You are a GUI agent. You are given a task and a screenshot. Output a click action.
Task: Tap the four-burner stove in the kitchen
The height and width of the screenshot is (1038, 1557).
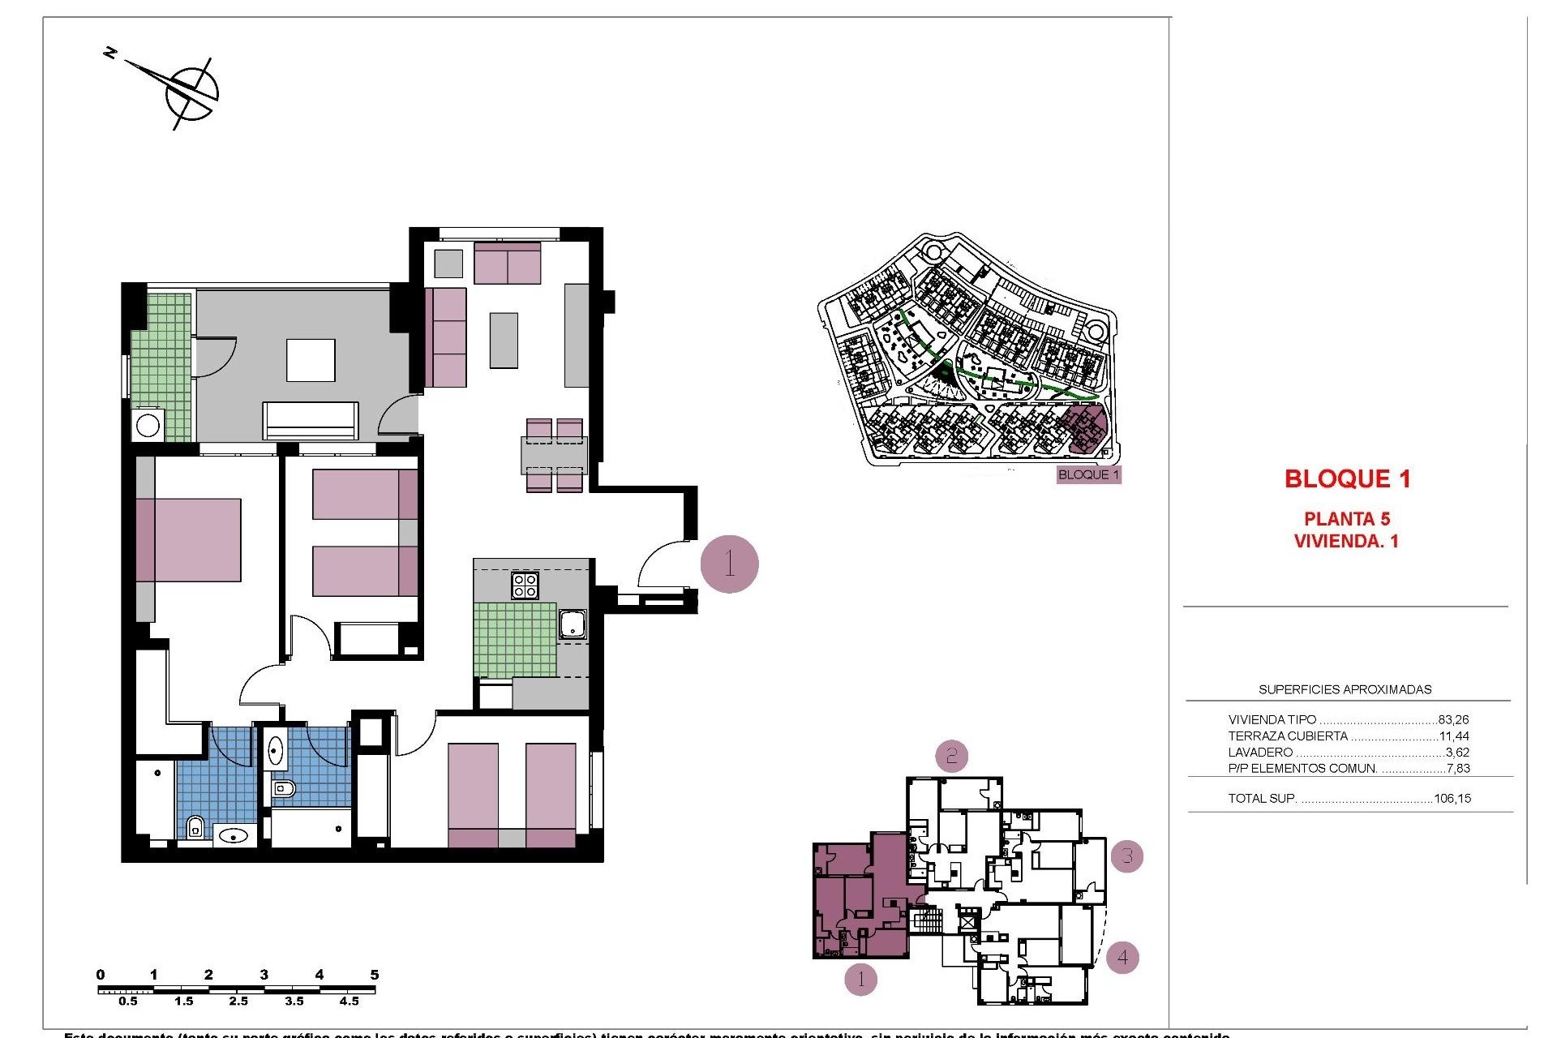[525, 585]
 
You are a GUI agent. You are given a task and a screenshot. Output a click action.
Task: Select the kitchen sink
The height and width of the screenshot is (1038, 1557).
[573, 624]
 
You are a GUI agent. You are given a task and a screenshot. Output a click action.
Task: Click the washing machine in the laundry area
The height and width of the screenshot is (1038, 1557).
[148, 425]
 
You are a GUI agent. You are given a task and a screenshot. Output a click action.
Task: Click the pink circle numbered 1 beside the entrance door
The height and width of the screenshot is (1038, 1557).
[729, 564]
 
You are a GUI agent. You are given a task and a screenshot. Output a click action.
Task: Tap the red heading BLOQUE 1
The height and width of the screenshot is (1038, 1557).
[1347, 478]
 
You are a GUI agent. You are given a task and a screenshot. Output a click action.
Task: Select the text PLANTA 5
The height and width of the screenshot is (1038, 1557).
[1346, 519]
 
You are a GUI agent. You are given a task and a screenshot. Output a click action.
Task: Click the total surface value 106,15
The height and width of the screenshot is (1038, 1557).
[1452, 798]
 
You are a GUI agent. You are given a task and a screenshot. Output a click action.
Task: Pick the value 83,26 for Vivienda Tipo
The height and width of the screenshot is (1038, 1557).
[1453, 719]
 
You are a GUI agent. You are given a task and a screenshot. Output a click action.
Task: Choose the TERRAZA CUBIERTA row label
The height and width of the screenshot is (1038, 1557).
[1288, 736]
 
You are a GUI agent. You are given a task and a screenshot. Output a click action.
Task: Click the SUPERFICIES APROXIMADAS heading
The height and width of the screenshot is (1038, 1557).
[1345, 689]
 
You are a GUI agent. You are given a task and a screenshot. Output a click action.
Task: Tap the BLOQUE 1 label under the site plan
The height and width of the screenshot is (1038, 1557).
[1088, 474]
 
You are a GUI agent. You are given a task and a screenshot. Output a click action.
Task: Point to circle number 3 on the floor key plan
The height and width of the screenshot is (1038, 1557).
[1127, 856]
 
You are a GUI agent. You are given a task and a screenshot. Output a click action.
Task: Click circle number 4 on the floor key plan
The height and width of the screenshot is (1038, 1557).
[1122, 957]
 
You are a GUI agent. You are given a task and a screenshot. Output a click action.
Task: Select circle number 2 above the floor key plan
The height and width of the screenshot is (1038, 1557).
[951, 756]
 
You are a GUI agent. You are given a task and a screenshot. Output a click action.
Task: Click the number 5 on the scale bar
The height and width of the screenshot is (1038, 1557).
[374, 975]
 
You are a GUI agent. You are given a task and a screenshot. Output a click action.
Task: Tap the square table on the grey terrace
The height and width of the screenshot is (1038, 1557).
[311, 360]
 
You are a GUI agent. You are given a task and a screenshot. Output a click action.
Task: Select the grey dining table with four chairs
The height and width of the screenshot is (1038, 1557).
[555, 455]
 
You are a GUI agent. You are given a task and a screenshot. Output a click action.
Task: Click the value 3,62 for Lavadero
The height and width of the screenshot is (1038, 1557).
[1457, 753]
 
